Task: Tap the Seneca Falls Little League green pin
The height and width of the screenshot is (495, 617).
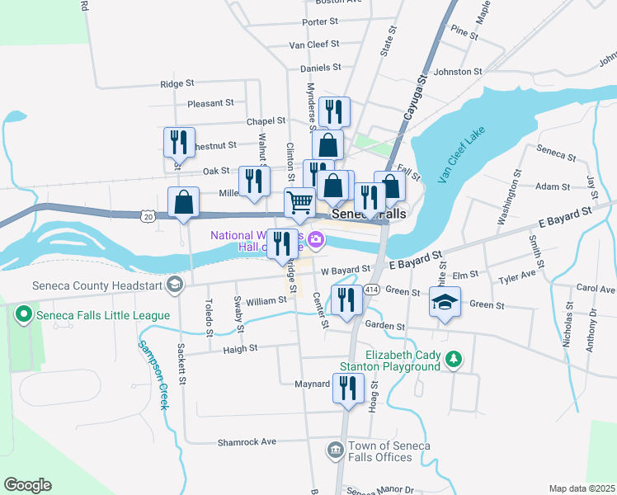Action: click(x=24, y=314)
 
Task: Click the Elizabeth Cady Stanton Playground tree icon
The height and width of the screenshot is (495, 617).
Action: click(x=452, y=359)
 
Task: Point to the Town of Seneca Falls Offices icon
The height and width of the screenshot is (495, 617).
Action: click(x=335, y=450)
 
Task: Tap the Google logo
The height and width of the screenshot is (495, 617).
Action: click(x=27, y=485)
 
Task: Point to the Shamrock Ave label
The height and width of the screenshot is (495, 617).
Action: click(x=246, y=442)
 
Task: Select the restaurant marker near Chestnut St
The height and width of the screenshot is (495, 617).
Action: click(x=178, y=143)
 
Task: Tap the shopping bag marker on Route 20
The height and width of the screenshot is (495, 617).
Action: click(x=183, y=201)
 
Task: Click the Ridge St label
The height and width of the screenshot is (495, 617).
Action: click(x=177, y=83)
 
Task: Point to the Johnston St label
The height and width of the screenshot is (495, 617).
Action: click(x=458, y=72)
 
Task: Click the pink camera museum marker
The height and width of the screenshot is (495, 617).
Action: click(x=316, y=240)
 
